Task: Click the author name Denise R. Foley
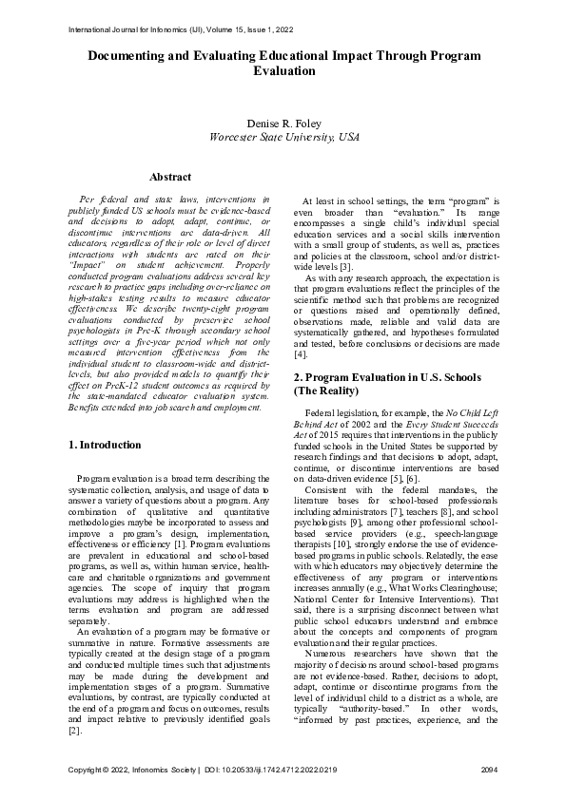(x=283, y=124)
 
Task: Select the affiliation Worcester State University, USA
(x=283, y=138)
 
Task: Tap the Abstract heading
(x=170, y=177)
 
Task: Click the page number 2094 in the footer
(x=487, y=768)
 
